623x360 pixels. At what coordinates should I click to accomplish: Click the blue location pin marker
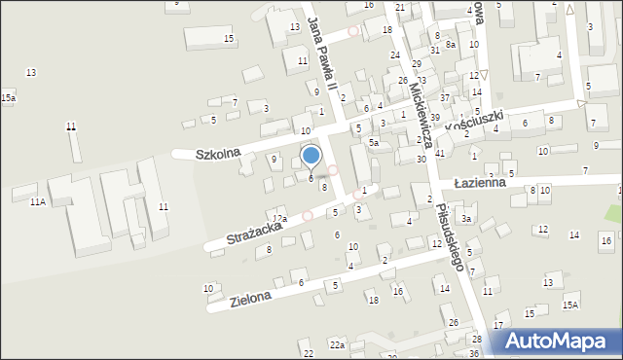coord(311,157)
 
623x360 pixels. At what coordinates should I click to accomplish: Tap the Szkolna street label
coord(218,154)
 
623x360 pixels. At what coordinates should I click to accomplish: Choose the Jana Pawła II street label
coord(322,53)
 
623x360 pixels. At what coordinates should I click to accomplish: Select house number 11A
coord(37,201)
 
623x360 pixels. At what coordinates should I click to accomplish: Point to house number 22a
coord(337,345)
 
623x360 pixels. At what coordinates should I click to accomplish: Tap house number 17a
coord(279,219)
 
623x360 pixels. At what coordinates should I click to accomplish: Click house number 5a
coord(373,142)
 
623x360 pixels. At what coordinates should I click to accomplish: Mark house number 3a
coord(466,219)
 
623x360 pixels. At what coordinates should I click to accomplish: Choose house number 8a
coord(450,45)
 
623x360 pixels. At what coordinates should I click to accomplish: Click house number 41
coord(440,153)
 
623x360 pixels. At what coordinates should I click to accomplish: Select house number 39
coord(435,117)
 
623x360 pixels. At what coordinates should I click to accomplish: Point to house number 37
coord(444,98)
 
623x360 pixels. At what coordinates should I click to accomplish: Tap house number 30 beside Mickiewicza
coord(421,159)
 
